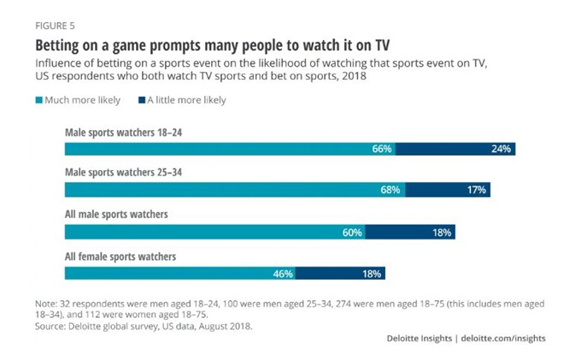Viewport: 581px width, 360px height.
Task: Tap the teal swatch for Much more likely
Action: [38, 100]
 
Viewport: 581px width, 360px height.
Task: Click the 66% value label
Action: [381, 149]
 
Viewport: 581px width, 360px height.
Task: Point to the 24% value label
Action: [501, 149]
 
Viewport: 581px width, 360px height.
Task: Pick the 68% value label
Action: [390, 190]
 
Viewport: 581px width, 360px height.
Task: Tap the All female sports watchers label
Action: [120, 257]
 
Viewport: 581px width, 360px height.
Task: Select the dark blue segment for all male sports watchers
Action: [414, 232]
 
